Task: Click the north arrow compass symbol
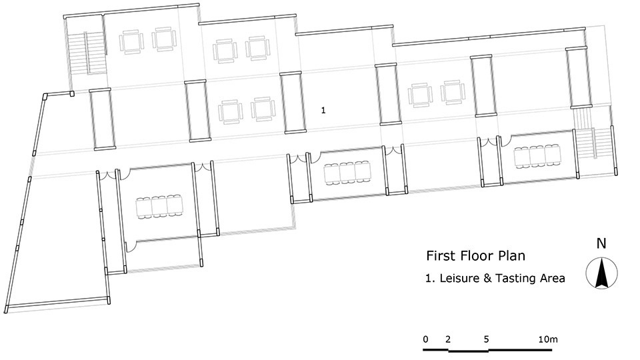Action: [x=601, y=273]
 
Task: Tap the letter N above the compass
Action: [x=601, y=243]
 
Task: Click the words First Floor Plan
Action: [x=475, y=256]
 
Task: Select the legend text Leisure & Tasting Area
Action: [x=502, y=279]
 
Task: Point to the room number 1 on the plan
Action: [x=323, y=110]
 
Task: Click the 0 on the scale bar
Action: [x=426, y=339]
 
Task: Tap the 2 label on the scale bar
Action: [x=448, y=339]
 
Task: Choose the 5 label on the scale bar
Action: [x=486, y=339]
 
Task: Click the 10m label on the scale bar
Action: [x=548, y=339]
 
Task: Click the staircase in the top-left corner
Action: [x=87, y=53]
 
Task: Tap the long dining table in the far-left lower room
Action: [x=159, y=207]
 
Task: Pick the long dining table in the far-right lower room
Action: [x=537, y=156]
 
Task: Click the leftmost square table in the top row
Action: [x=131, y=41]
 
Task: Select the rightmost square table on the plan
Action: [x=453, y=92]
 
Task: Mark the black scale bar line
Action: [x=487, y=350]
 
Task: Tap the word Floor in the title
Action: [x=476, y=256]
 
